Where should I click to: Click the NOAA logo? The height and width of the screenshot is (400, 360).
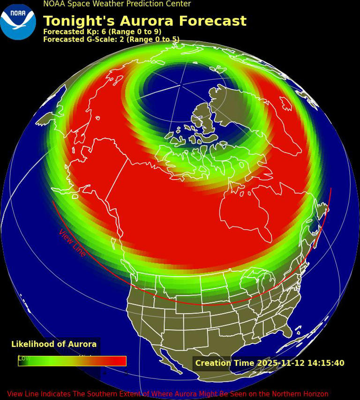(18, 22)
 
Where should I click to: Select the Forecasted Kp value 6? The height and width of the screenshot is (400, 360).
(104, 32)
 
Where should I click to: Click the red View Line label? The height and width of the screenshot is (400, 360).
(72, 243)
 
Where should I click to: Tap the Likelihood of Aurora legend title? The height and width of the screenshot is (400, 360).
(54, 344)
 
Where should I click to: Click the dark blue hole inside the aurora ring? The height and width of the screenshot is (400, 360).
(178, 89)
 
